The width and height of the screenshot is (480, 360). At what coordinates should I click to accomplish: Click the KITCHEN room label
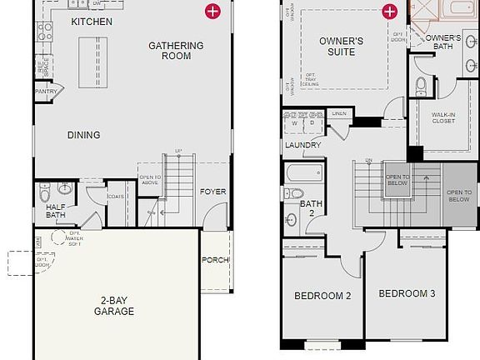[92, 21]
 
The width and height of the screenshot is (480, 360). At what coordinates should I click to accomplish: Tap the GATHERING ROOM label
[170, 51]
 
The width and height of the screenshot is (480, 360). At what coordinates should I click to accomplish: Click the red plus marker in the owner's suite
[388, 11]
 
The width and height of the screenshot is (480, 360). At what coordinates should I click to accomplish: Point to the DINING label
[83, 135]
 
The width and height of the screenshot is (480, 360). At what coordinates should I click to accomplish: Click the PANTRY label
[45, 92]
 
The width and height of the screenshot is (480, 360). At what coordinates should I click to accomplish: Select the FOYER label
[213, 192]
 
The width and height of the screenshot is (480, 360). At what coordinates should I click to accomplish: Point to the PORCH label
[215, 261]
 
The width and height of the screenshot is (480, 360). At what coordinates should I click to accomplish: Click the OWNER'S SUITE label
[342, 47]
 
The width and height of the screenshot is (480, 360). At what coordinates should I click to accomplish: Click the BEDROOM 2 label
[322, 296]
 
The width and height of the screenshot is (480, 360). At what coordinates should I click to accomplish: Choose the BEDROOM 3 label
[407, 293]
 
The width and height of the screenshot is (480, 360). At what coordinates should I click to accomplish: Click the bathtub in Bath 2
[303, 173]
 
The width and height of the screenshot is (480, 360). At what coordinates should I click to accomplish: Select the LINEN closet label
[338, 113]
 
